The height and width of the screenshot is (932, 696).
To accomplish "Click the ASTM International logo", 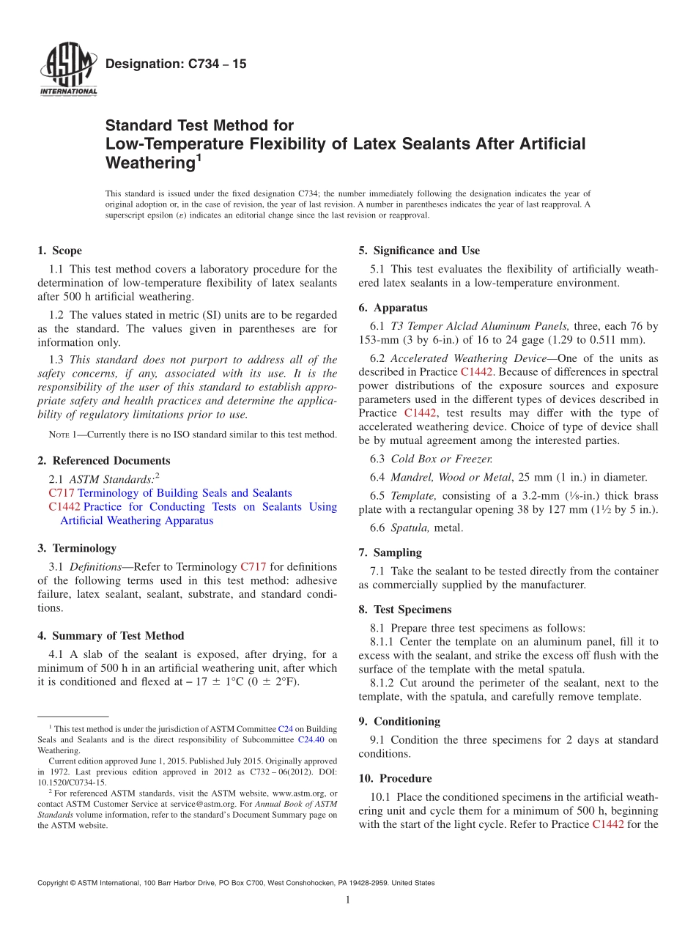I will [x=67, y=70].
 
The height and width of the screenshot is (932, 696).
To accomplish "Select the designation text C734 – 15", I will [x=176, y=64].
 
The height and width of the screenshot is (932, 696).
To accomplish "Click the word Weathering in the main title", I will [x=149, y=162].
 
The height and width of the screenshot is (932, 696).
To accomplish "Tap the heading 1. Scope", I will [x=60, y=251].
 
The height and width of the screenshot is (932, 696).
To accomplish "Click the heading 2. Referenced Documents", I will [x=104, y=461].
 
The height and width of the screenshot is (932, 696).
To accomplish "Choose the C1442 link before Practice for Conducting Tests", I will [x=64, y=507].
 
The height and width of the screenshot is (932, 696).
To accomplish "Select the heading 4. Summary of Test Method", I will [x=111, y=636].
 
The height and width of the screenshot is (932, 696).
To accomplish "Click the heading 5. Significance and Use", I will [x=419, y=251].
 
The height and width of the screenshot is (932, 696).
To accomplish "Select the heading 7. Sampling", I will [x=390, y=552].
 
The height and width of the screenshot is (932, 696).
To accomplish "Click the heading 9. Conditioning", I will [x=399, y=722].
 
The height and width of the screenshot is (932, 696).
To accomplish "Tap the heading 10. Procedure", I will [x=396, y=778].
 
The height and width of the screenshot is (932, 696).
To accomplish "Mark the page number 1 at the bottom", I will [x=348, y=900].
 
